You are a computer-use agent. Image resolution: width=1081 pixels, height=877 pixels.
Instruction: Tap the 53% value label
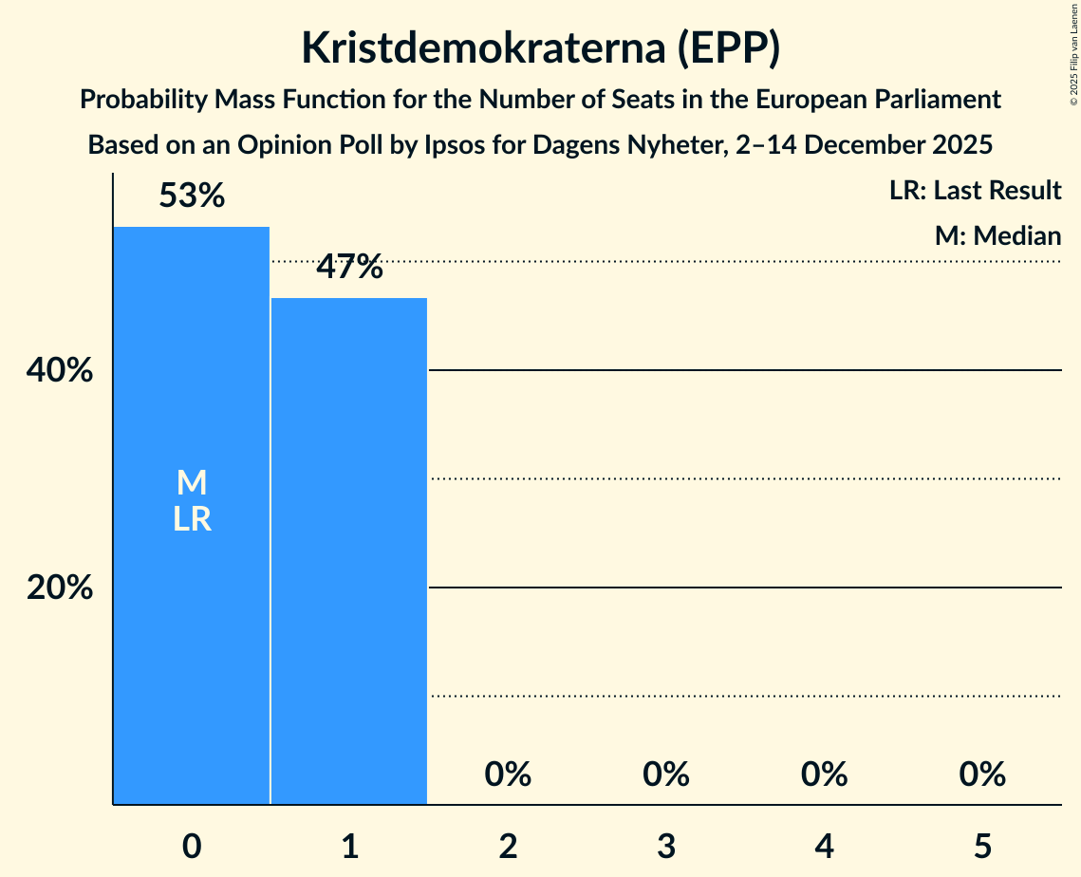(192, 196)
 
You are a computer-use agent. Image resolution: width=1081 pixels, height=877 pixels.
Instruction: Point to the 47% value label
(349, 268)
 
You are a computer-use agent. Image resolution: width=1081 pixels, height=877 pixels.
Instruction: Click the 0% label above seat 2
(508, 774)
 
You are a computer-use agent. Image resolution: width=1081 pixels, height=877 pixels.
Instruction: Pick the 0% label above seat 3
(665, 774)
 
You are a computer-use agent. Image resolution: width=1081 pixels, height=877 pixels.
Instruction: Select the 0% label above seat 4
(824, 774)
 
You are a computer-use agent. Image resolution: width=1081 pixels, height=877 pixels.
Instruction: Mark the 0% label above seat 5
(981, 774)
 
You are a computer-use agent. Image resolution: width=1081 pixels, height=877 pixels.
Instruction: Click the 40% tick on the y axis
(60, 371)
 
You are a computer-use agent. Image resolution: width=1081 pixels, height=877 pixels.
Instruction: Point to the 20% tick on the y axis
(60, 588)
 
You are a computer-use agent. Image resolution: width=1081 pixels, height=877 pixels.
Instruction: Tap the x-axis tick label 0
(192, 845)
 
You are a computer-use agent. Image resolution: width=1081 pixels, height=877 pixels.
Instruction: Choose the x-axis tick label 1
(349, 845)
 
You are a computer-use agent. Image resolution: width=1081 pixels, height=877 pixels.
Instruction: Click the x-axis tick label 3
(665, 845)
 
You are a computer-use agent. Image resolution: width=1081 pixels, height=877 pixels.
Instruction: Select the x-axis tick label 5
(981, 845)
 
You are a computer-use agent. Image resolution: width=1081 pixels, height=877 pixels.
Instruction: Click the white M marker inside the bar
(192, 483)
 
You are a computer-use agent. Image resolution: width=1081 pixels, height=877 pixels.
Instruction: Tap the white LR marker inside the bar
(192, 519)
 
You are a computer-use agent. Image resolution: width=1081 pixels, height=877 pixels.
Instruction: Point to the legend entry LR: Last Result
(975, 191)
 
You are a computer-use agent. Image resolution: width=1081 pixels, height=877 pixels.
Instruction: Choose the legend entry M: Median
(997, 235)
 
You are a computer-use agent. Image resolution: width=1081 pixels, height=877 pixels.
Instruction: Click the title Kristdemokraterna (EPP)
(540, 48)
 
